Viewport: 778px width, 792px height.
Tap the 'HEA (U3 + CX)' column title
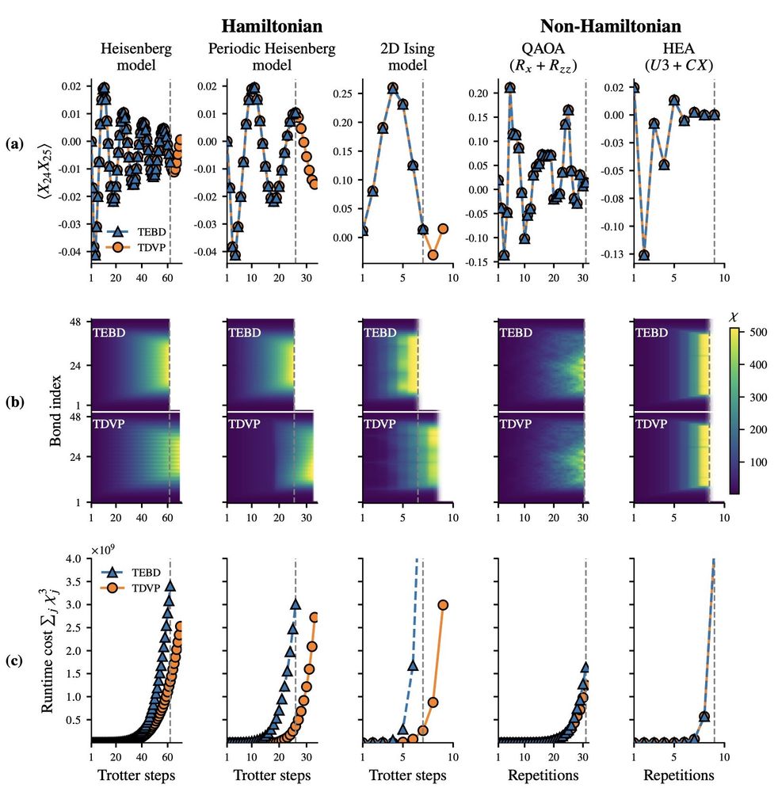coord(681,58)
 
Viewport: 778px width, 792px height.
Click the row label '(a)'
coord(14,144)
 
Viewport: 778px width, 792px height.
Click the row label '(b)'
coord(14,401)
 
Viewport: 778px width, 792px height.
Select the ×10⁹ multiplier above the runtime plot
coord(103,550)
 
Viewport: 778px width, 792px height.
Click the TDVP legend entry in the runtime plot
coord(135,588)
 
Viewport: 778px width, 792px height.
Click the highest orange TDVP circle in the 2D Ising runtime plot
coord(443,604)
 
